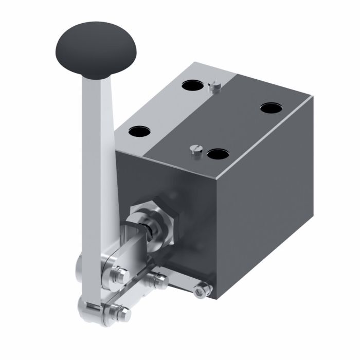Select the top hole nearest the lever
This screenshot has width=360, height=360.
139,132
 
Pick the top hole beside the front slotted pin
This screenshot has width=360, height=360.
218,154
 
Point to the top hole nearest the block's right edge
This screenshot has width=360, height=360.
272,108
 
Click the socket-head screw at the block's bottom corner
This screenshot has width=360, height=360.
202,291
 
